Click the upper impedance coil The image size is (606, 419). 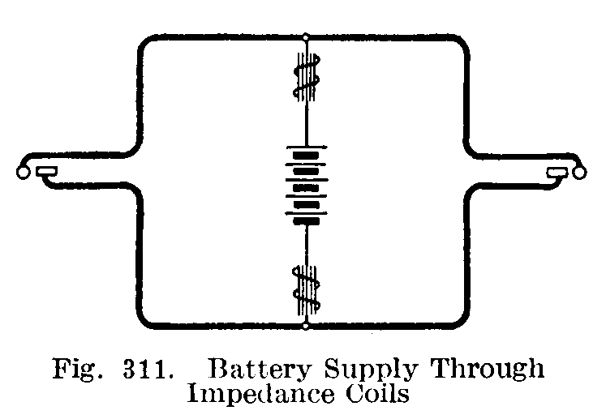point(307,77)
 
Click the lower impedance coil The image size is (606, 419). point(306,289)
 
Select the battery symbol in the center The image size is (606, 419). point(307,185)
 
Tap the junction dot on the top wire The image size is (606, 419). point(306,37)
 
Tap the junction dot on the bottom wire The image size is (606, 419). point(306,327)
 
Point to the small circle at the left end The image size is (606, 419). point(23,173)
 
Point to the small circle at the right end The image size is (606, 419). point(579,173)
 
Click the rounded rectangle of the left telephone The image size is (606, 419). point(47,171)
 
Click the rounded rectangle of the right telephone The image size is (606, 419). point(557,172)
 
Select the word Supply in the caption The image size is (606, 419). point(371,370)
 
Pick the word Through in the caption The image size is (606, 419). point(488,369)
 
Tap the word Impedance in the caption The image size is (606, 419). point(260,395)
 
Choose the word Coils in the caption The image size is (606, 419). point(377,394)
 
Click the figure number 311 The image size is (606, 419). point(147,370)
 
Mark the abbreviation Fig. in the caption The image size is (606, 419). point(77,370)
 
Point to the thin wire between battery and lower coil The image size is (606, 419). point(307,246)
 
